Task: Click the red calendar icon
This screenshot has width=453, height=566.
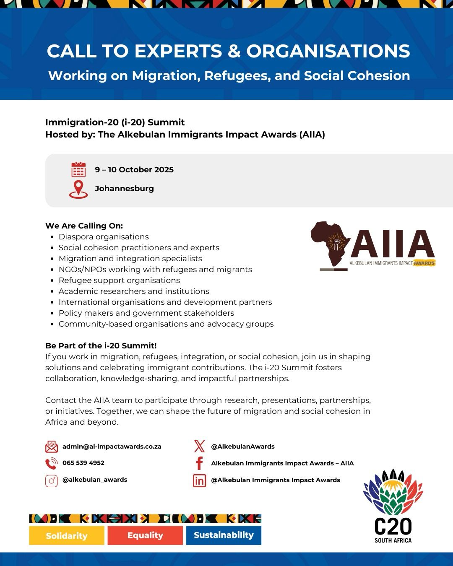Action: point(78,170)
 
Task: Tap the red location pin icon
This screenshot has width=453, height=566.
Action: point(78,189)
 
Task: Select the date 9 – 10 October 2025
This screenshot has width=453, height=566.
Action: point(134,170)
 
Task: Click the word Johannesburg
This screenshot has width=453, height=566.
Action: point(124,189)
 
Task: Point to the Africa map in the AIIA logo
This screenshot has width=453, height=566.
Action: point(330,244)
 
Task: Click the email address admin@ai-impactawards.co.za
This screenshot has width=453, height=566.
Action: point(112,447)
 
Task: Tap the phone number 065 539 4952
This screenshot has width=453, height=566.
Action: point(83,463)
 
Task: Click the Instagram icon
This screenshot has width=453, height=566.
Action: point(51,480)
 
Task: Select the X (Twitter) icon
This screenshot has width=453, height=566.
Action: point(199,447)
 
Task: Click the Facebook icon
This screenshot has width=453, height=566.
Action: point(199,463)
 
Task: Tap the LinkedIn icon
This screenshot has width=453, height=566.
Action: point(199,480)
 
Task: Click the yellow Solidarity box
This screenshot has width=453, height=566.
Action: point(67,535)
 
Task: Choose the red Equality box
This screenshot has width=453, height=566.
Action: point(145,535)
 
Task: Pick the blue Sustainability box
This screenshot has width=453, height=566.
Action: point(224,535)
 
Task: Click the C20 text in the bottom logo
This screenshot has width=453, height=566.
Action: point(393,527)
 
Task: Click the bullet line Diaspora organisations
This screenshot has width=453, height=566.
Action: point(104,237)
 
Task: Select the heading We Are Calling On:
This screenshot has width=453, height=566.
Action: point(84,226)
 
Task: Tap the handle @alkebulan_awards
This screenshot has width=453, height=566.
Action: point(95,480)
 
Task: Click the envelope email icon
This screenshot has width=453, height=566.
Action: point(51,447)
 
